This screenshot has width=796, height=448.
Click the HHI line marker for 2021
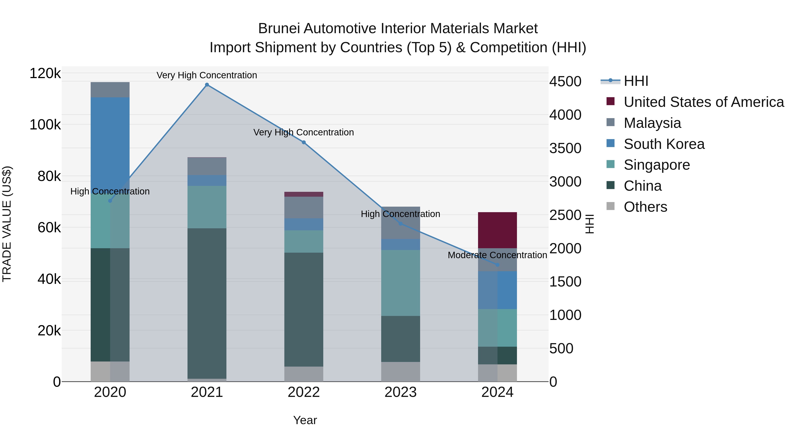(x=207, y=85)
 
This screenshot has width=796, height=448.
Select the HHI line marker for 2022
(x=304, y=142)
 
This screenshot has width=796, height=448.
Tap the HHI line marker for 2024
(x=497, y=265)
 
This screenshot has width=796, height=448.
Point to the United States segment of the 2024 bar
(x=497, y=230)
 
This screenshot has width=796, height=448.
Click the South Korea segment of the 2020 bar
(x=110, y=139)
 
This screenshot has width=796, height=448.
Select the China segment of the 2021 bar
(x=207, y=303)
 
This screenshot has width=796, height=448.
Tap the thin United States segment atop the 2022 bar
(x=304, y=194)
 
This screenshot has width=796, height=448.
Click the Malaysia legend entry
(x=652, y=123)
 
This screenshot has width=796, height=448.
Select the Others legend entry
(x=645, y=207)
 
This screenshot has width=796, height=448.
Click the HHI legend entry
(x=636, y=81)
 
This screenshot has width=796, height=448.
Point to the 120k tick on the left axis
(x=45, y=74)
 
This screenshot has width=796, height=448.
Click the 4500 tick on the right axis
(x=565, y=82)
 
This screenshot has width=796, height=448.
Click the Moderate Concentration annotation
(x=497, y=255)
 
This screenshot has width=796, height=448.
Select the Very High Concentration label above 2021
(x=207, y=75)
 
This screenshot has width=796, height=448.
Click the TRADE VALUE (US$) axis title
(x=7, y=224)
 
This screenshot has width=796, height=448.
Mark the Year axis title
(x=305, y=420)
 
